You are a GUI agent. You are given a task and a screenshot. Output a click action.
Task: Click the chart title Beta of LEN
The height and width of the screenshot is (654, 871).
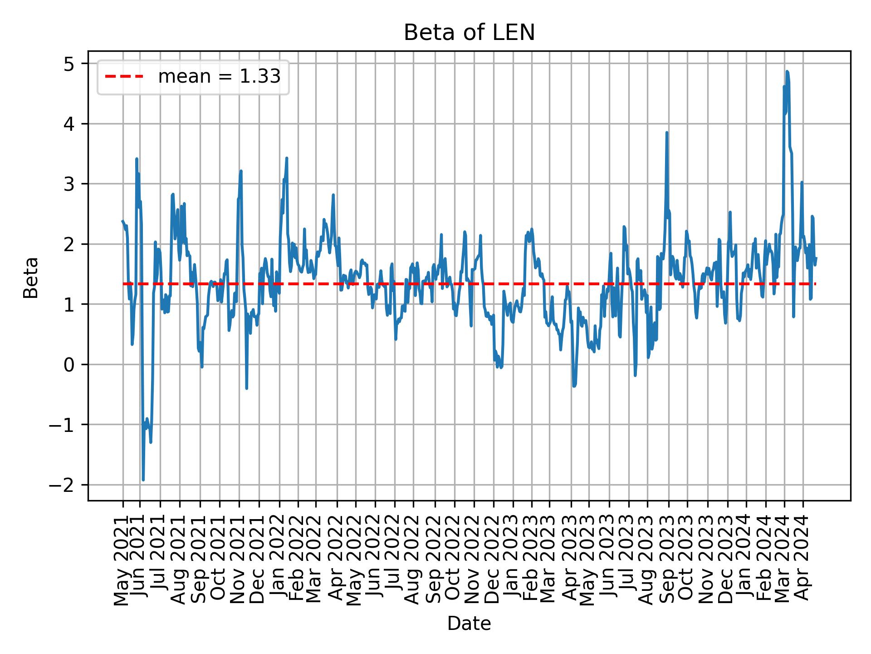click(x=469, y=33)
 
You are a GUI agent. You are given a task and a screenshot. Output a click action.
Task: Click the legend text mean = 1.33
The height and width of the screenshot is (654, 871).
click(x=219, y=77)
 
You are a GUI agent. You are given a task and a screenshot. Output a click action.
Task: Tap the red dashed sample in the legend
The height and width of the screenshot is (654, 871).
click(x=124, y=77)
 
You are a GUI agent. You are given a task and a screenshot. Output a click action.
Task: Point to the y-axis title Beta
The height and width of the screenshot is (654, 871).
click(x=31, y=277)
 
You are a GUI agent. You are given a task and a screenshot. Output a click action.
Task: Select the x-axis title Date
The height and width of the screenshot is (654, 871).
click(x=469, y=624)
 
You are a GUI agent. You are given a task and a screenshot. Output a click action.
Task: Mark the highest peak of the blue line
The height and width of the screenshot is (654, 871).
click(x=787, y=72)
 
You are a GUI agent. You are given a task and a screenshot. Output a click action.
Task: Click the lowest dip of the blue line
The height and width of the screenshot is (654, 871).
click(x=143, y=480)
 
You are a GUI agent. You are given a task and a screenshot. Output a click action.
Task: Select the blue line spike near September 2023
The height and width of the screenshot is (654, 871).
click(x=666, y=133)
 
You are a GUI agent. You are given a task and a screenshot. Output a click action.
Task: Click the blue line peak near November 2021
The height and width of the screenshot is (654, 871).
click(x=241, y=171)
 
